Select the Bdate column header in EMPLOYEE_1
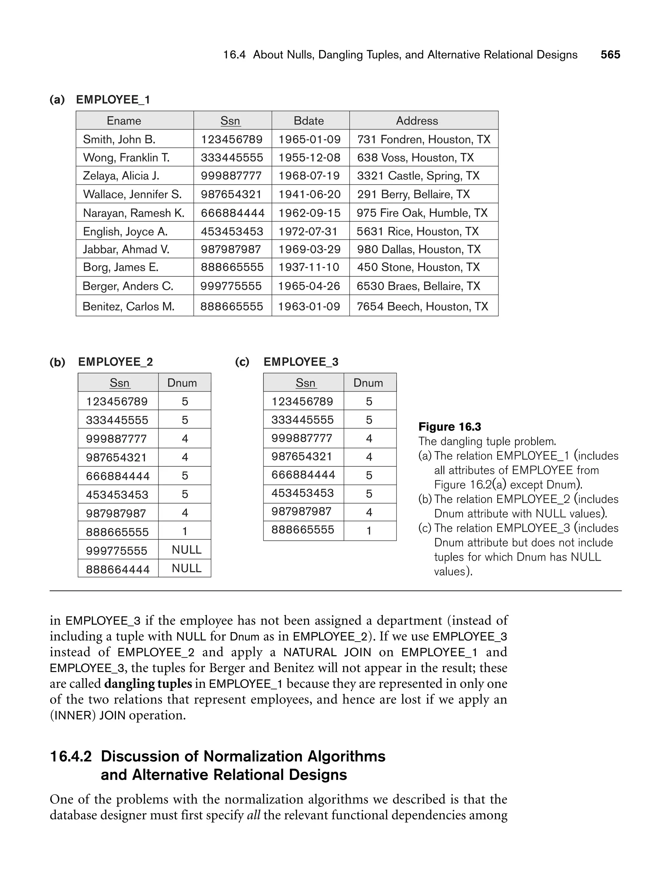308,121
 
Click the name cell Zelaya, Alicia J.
121,176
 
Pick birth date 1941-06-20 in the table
309,195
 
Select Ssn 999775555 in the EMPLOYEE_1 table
231,286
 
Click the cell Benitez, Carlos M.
128,306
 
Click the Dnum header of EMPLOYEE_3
368,383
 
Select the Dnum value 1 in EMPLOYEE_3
369,531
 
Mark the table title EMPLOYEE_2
115,362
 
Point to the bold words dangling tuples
148,683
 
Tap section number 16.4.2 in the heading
71,757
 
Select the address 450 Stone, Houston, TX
418,267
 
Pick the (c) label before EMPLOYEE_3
242,362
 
